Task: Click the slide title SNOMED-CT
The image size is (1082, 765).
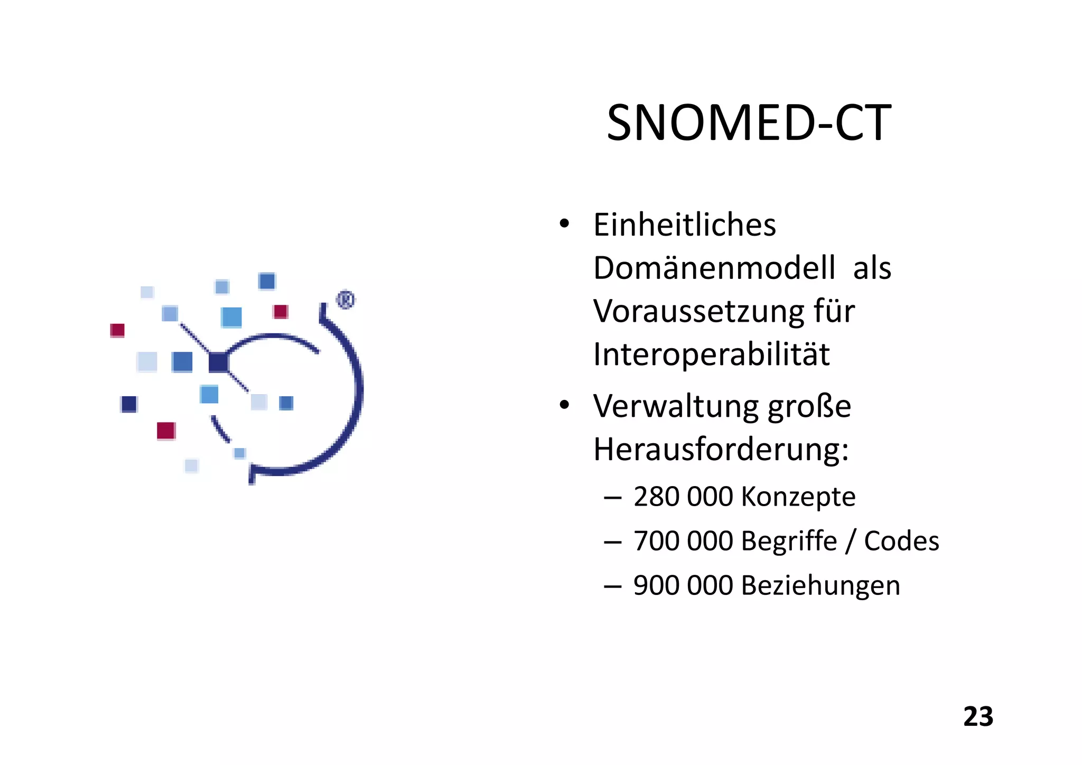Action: coord(749,123)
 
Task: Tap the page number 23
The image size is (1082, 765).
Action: coord(978,717)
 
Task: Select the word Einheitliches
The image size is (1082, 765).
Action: coord(685,225)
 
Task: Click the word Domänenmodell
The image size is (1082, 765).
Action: coord(714,268)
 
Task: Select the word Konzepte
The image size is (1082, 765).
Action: coord(798,497)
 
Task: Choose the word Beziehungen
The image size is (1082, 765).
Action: coord(820,585)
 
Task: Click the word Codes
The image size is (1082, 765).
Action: coord(901,541)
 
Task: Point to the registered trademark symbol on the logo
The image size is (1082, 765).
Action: coord(346,300)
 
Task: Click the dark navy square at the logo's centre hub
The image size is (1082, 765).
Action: coord(218,362)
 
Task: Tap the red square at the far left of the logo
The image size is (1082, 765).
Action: coord(117,330)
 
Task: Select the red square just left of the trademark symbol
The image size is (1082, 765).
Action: coord(281,312)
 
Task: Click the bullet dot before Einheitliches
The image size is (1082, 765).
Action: coord(564,224)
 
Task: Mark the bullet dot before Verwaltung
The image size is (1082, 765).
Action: coord(564,405)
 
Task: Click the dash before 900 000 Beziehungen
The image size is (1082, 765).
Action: coord(612,586)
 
